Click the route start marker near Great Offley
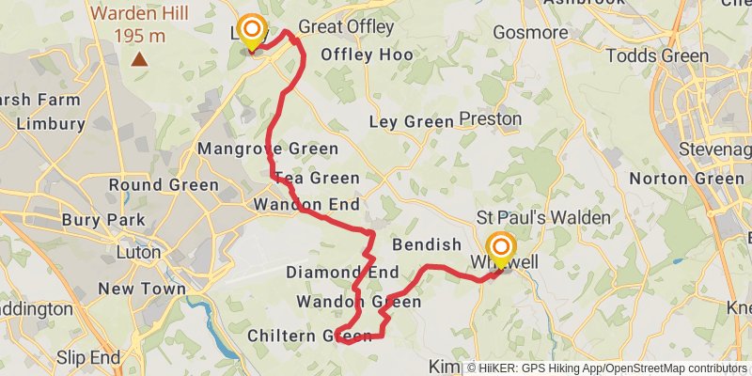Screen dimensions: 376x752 point(251,32)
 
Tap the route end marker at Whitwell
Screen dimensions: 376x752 point(499,248)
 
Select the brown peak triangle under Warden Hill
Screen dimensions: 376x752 point(139,60)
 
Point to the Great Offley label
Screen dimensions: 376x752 point(345,27)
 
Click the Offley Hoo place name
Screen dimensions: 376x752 point(367,55)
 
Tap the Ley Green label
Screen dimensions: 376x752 point(411,122)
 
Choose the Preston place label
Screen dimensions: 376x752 point(490,119)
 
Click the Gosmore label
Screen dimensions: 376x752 point(534,33)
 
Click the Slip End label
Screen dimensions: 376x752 point(88,357)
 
